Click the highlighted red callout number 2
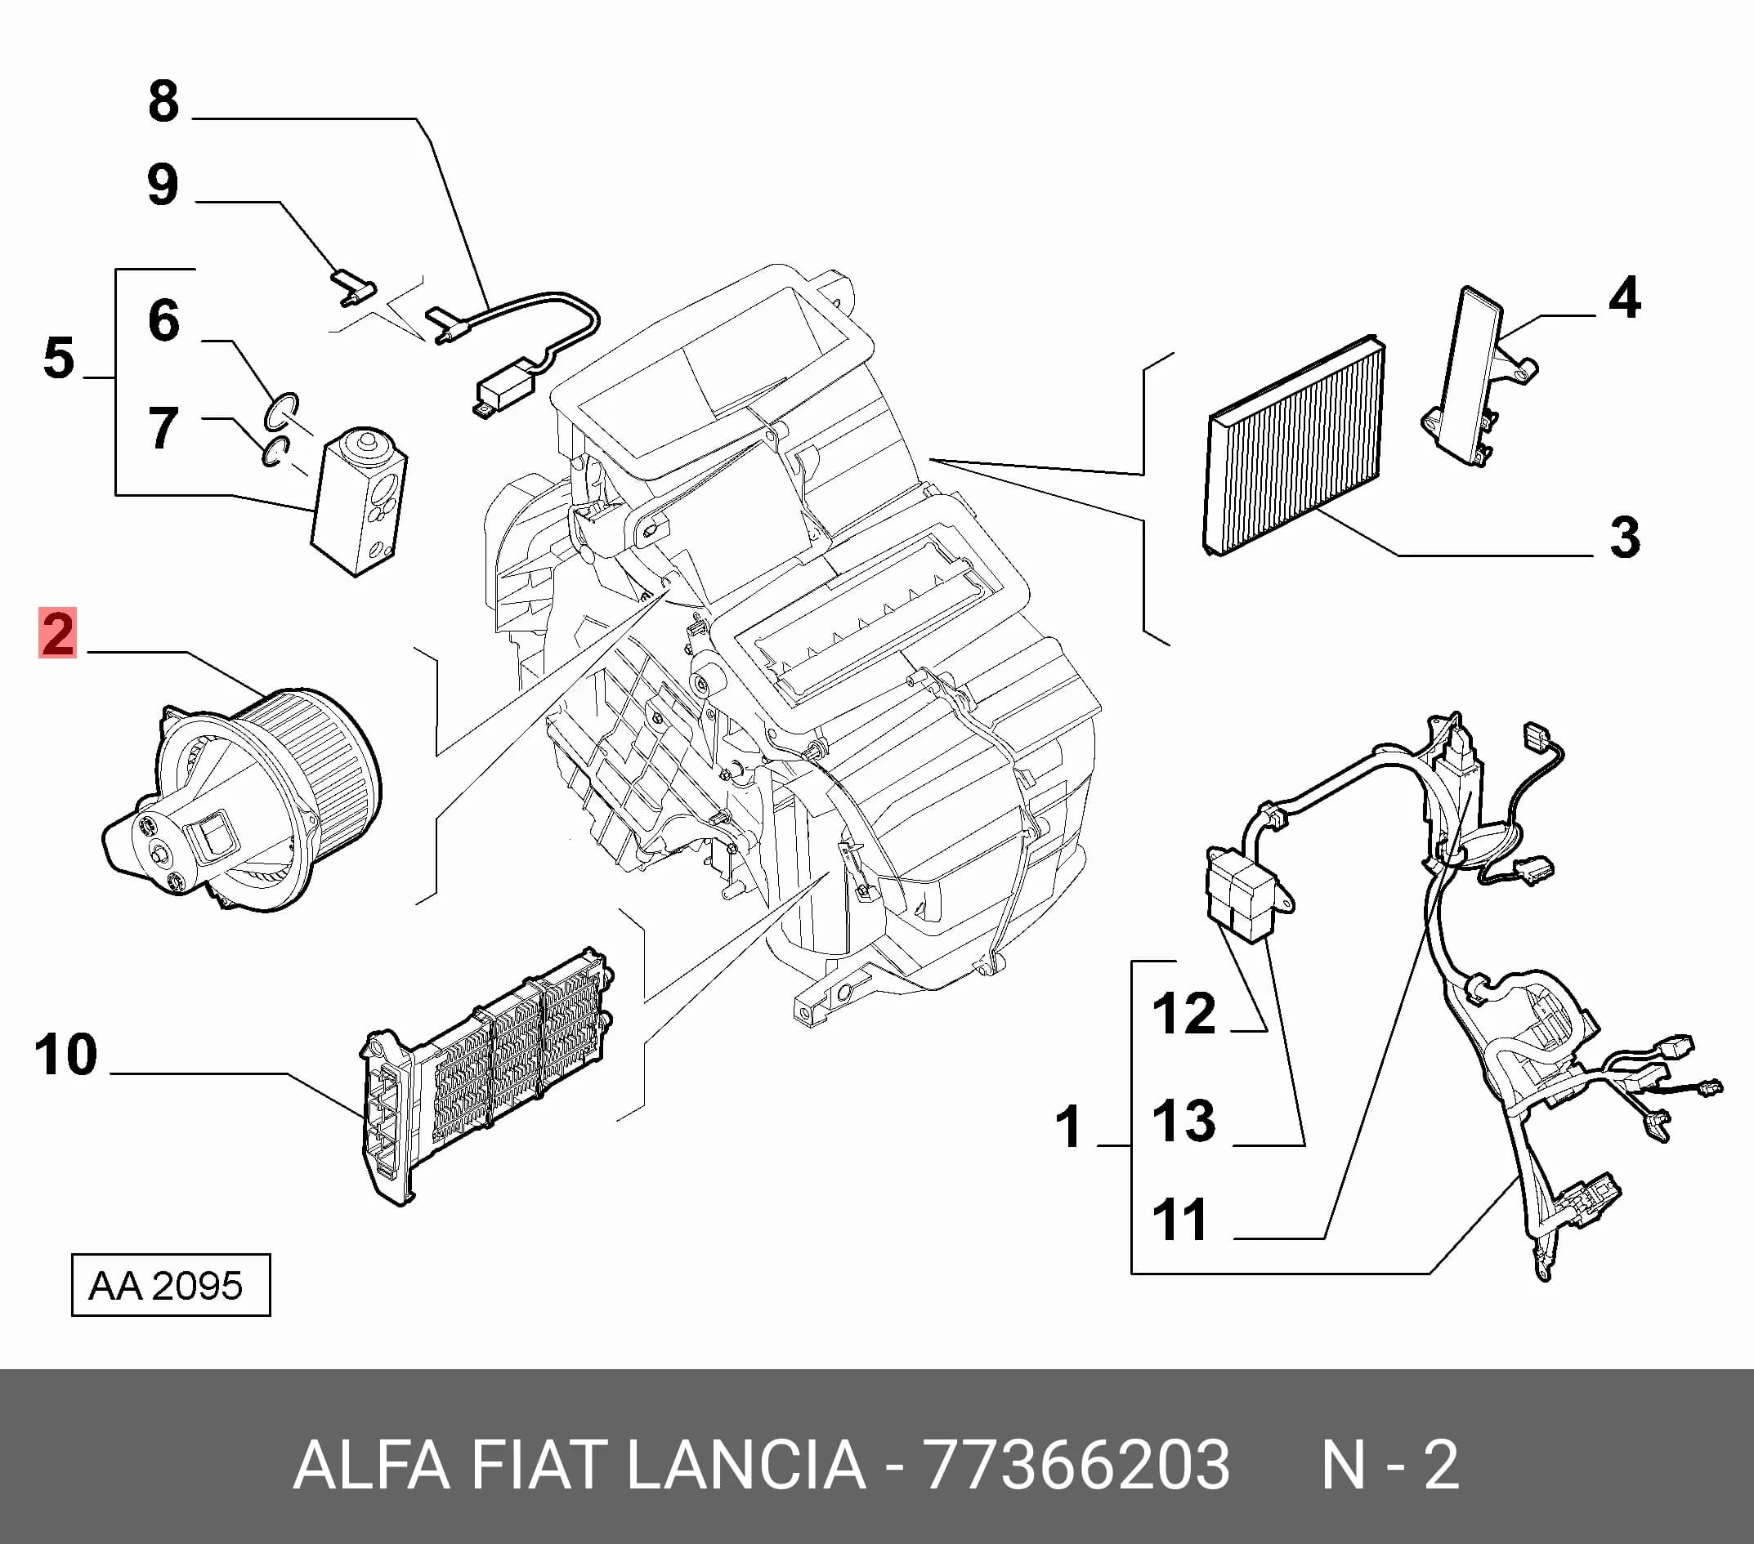57,633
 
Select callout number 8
164,101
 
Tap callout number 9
163,185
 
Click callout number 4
1624,297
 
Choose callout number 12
1184,1014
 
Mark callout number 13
1184,1120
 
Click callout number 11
1181,1220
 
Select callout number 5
59,358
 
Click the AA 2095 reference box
171,1285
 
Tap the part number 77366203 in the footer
1076,1465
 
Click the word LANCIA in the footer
746,1465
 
